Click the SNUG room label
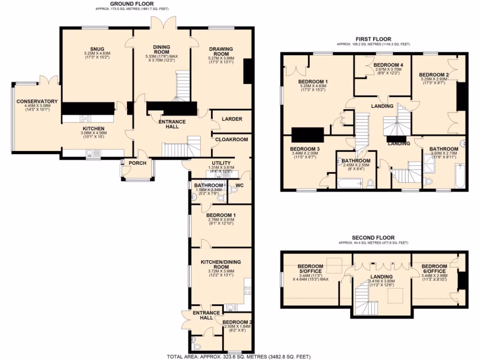[97, 49]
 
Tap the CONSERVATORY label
[37, 101]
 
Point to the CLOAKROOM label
[228, 139]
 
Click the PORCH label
[137, 163]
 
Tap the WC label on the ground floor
[240, 186]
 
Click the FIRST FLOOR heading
[373, 39]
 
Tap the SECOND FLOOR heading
[373, 238]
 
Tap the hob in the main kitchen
[85, 119]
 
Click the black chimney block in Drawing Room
[248, 71]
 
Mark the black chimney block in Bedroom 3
[308, 135]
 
